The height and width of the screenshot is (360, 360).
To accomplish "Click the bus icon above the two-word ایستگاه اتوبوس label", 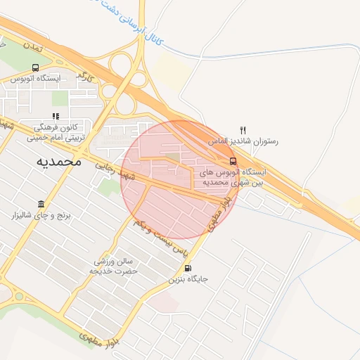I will (x=35, y=68).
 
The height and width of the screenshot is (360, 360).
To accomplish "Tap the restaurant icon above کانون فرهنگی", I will (x=55, y=117).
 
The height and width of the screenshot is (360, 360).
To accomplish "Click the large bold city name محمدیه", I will (x=58, y=161).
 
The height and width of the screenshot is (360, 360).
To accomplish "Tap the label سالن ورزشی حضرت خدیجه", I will (x=114, y=266).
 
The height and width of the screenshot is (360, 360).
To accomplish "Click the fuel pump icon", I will (x=187, y=268).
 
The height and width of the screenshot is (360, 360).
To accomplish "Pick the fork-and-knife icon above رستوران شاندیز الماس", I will (x=243, y=129).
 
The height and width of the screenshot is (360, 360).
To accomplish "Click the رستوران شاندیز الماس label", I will (x=243, y=141).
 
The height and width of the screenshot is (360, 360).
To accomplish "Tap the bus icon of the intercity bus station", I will (x=233, y=160).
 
